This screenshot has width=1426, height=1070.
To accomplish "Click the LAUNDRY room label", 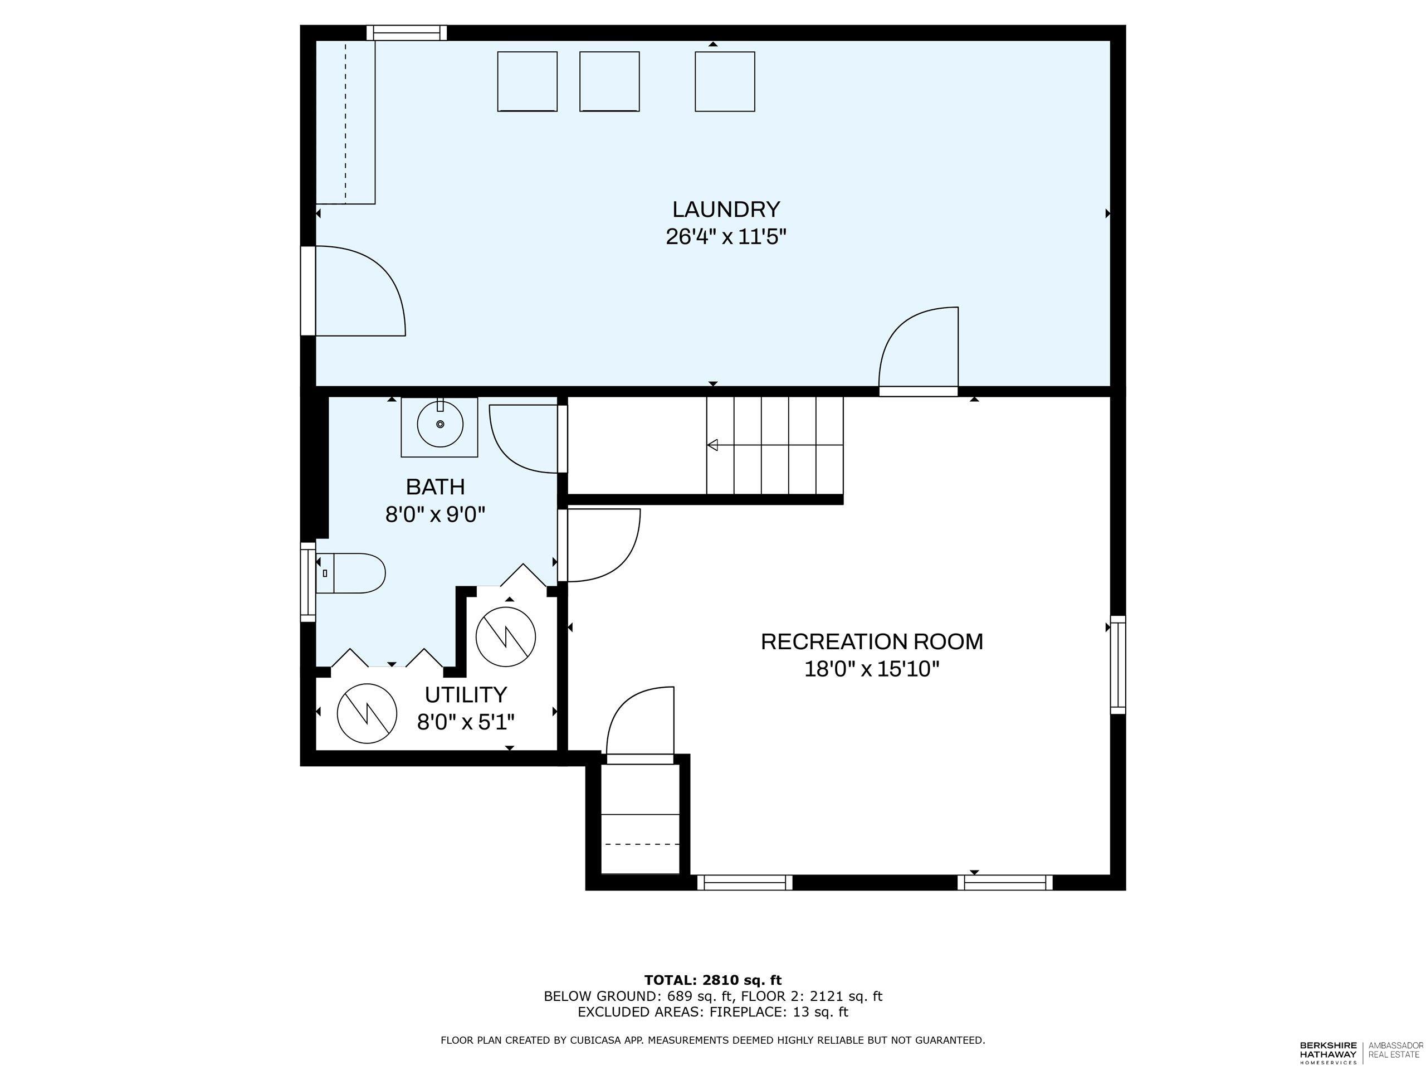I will [x=726, y=210].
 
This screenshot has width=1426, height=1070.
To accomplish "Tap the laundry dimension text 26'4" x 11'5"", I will [x=726, y=237].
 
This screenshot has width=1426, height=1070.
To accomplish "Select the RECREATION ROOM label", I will [x=872, y=642].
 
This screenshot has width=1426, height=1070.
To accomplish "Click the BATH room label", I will [x=435, y=487].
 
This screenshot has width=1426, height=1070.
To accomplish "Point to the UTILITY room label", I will [x=466, y=694].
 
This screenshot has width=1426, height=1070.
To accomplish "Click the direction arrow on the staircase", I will [x=713, y=445].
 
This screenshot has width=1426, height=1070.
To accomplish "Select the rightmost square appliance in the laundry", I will [x=725, y=81].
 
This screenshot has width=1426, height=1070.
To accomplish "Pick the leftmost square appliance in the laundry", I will [x=527, y=81].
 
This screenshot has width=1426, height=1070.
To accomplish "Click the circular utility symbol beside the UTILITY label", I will [x=367, y=713].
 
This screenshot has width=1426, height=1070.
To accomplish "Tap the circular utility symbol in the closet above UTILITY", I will [x=505, y=637].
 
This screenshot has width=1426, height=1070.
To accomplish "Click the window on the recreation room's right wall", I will [x=1118, y=664].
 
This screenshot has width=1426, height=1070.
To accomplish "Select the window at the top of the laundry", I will [x=406, y=32].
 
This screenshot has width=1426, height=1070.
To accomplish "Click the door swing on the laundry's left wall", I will [x=358, y=291].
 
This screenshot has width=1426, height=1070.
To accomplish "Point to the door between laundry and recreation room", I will [x=919, y=352].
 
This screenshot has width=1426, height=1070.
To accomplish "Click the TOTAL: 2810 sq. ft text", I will [x=712, y=980].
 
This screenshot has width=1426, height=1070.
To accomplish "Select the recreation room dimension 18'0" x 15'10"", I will [x=872, y=669].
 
